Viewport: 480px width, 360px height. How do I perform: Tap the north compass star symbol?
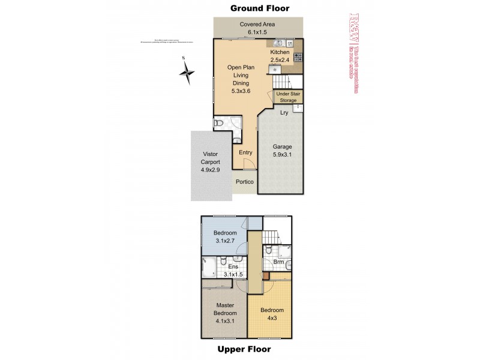tap(188, 73)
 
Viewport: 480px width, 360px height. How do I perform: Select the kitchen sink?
tap(279, 43)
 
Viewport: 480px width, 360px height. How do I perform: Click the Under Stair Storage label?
tap(287, 97)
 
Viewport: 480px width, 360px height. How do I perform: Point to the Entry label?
tap(245, 152)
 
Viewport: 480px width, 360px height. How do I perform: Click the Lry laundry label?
tap(284, 112)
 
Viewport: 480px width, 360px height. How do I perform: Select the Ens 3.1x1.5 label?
tap(233, 271)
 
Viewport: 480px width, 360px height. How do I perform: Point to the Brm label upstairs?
tap(279, 262)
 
